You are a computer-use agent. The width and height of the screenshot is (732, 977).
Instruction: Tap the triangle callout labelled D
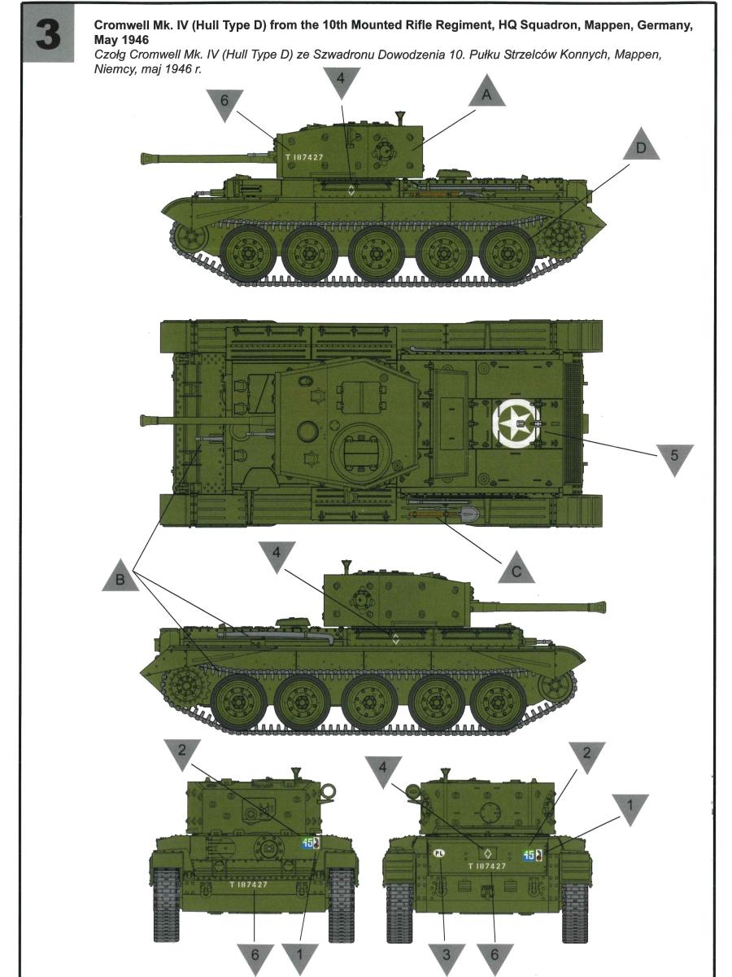pyautogui.click(x=641, y=144)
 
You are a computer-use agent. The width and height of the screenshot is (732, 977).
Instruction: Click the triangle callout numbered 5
pyautogui.click(x=674, y=460)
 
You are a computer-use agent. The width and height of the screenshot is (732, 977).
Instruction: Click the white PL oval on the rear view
pyautogui.click(x=438, y=853)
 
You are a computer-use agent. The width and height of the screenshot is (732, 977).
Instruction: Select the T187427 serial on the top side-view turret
pyautogui.click(x=304, y=157)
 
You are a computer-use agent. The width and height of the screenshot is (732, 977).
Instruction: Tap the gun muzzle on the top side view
pyautogui.click(x=146, y=158)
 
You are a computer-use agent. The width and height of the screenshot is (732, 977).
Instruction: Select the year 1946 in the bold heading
pyautogui.click(x=134, y=40)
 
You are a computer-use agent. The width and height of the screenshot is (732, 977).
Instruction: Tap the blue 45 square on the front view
pyautogui.click(x=307, y=843)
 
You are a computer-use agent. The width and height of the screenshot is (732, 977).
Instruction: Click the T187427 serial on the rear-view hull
pyautogui.click(x=487, y=866)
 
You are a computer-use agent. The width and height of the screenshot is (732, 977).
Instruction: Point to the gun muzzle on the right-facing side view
pyautogui.click(x=600, y=607)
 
